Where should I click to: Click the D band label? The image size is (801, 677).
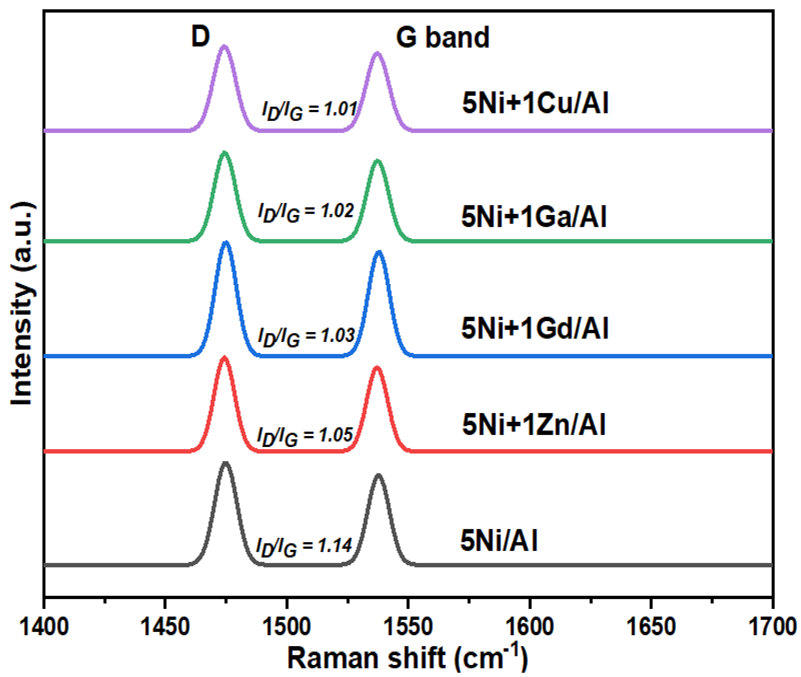click(201, 37)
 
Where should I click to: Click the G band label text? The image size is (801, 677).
click(443, 38)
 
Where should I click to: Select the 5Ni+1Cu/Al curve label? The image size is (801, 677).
click(535, 103)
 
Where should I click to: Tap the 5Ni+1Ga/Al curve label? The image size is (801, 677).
click(534, 217)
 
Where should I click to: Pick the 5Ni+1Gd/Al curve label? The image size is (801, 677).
click(535, 329)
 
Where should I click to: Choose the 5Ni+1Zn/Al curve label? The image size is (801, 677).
click(534, 425)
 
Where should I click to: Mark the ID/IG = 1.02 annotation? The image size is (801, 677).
click(306, 212)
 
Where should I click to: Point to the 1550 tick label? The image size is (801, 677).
click(408, 627)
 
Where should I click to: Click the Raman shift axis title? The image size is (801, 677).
click(407, 658)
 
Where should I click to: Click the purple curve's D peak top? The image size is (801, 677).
click(224, 46)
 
